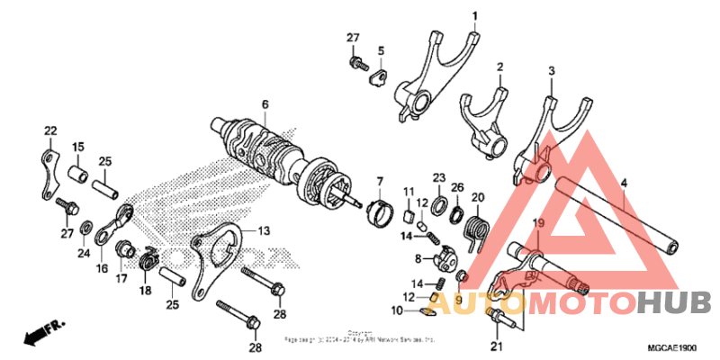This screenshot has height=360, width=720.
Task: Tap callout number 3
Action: tap(552, 70)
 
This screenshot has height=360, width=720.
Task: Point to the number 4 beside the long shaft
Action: tap(624, 183)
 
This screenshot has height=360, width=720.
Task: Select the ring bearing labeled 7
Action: tap(379, 213)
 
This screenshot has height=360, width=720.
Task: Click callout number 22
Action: tap(49, 131)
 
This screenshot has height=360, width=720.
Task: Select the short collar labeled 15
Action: tap(77, 170)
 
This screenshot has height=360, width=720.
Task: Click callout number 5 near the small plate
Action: tap(381, 50)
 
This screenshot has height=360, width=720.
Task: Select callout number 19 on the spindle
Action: tap(538, 222)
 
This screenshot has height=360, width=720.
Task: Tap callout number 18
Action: tap(145, 290)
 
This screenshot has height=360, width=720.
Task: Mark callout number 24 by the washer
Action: tap(84, 254)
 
